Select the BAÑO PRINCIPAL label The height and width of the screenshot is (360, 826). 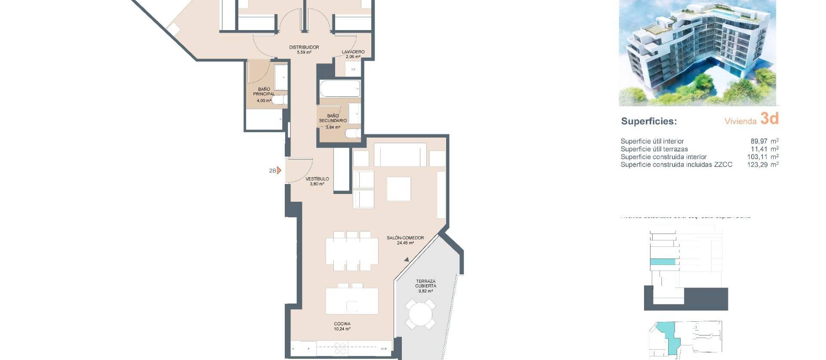click(x=264, y=92)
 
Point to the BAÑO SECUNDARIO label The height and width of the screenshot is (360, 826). click(x=333, y=118)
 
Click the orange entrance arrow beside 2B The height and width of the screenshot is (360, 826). click(x=279, y=170)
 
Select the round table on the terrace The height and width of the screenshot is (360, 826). click(x=420, y=314)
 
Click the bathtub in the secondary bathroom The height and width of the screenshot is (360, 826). click(x=340, y=89)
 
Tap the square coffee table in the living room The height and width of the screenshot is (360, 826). click(x=399, y=189)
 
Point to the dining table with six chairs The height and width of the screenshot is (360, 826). click(x=352, y=251)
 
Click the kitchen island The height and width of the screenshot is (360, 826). click(x=352, y=301)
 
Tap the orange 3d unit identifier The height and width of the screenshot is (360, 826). click(x=769, y=119)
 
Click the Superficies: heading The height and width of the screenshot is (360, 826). click(x=649, y=121)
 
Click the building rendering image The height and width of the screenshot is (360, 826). click(x=697, y=52)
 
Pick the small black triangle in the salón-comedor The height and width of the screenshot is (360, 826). click(x=407, y=259)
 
